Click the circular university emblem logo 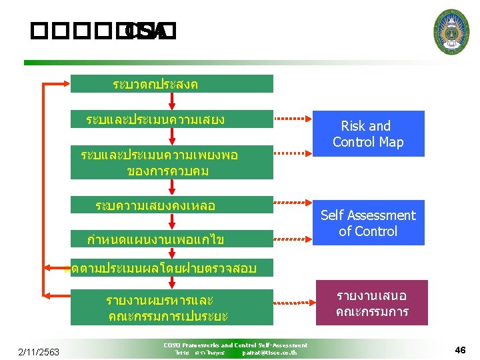pos(451,31)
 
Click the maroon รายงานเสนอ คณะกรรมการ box pos(371,304)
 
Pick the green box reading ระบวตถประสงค pos(171,84)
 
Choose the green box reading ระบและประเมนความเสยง pos(171,119)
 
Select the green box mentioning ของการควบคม pos(171,163)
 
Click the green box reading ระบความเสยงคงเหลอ pos(171,205)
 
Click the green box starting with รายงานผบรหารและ pos(171,307)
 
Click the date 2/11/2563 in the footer pos(39,351)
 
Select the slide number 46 pos(460,350)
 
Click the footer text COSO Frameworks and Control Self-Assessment pos(235,345)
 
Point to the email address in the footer pos(269,352)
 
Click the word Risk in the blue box pos(353,126)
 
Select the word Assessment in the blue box pos(385,215)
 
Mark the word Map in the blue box pos(392,142)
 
